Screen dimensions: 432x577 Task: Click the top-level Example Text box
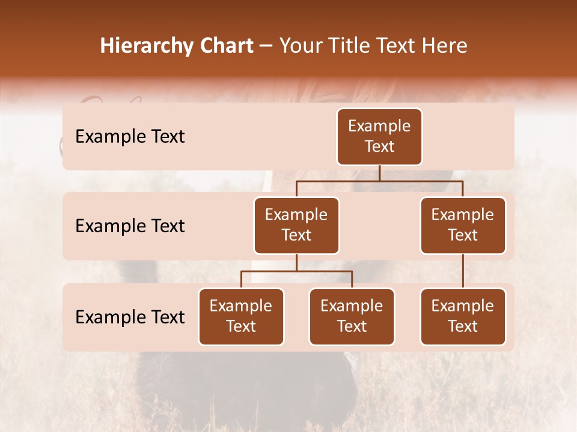[x=379, y=136]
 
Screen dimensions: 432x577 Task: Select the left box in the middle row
[x=296, y=225]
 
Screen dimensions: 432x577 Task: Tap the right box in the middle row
[x=463, y=225]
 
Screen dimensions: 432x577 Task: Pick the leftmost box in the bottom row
[x=241, y=316]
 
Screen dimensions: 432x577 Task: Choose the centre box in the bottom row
[x=352, y=316]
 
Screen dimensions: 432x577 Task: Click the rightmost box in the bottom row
[x=463, y=316]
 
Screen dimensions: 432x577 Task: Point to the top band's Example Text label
[x=130, y=136]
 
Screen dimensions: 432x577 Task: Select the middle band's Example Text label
[x=130, y=226]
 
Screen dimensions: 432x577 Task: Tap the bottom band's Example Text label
[x=130, y=317]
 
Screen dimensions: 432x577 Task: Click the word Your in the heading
[x=301, y=46]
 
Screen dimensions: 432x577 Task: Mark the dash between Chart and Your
[x=266, y=47]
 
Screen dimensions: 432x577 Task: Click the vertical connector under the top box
[x=379, y=173]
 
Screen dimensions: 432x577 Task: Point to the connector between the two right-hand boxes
[x=463, y=271]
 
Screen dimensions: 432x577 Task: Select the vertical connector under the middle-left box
[x=296, y=262]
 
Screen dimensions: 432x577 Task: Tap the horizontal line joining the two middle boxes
[x=379, y=181]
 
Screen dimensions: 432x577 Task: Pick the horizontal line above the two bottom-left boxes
[x=296, y=271]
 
